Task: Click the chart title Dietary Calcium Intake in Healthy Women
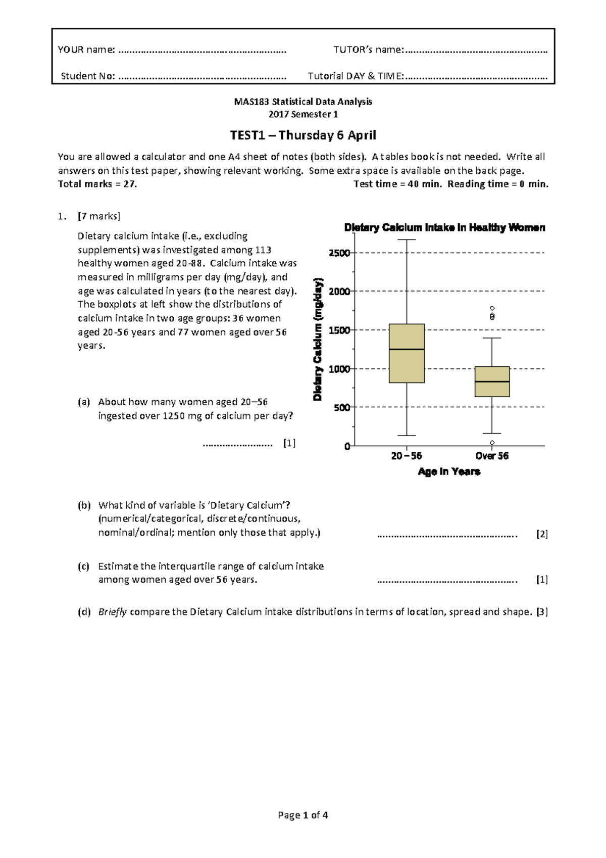click(x=444, y=227)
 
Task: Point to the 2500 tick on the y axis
click(x=340, y=253)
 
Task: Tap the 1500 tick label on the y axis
click(x=340, y=330)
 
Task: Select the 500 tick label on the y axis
click(x=342, y=407)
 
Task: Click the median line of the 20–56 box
click(x=407, y=349)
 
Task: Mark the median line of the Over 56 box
click(x=492, y=382)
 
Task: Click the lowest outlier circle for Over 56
click(x=492, y=443)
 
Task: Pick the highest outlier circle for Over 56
click(x=492, y=308)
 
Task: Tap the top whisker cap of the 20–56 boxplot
click(x=407, y=240)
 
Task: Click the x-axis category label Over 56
click(x=492, y=456)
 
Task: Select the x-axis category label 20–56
click(x=407, y=456)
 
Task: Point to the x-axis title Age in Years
click(x=449, y=471)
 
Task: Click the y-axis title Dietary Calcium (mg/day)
click(x=318, y=340)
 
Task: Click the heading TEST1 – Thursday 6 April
click(x=303, y=135)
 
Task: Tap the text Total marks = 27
click(x=97, y=184)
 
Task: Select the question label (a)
click(x=84, y=402)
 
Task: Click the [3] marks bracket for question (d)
click(x=542, y=612)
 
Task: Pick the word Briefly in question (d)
click(x=112, y=612)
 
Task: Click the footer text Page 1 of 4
click(x=303, y=815)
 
